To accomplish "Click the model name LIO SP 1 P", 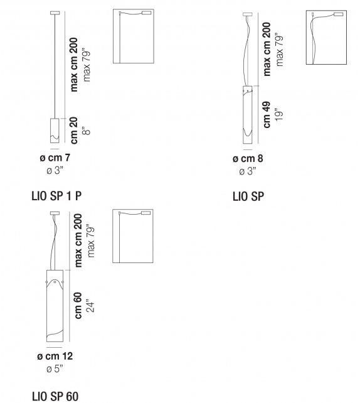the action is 56,196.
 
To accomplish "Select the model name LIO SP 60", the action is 55,396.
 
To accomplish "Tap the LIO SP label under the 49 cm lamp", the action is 248,196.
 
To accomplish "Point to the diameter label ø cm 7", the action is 55,158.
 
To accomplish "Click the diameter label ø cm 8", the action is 248,158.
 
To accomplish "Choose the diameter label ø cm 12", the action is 55,356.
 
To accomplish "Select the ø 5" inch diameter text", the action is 55,369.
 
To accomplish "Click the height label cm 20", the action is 74,131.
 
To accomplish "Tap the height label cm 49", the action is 267,115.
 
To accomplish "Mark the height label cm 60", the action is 78,306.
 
